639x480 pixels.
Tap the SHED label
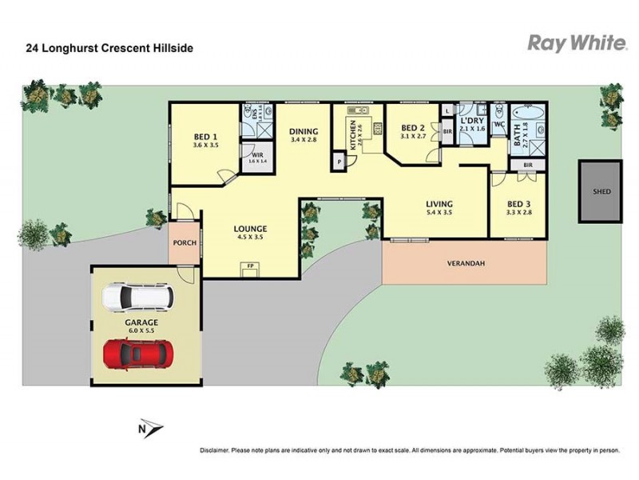(x=601, y=192)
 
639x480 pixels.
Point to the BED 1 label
(x=205, y=137)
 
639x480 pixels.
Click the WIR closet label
(x=257, y=155)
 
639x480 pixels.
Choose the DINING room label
(x=304, y=132)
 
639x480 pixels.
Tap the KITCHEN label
(x=350, y=133)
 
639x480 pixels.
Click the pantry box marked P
(x=339, y=162)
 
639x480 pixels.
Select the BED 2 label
(x=412, y=128)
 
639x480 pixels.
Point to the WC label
(x=499, y=125)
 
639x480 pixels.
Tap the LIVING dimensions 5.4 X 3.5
(x=439, y=213)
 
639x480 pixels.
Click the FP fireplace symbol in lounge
(x=250, y=265)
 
